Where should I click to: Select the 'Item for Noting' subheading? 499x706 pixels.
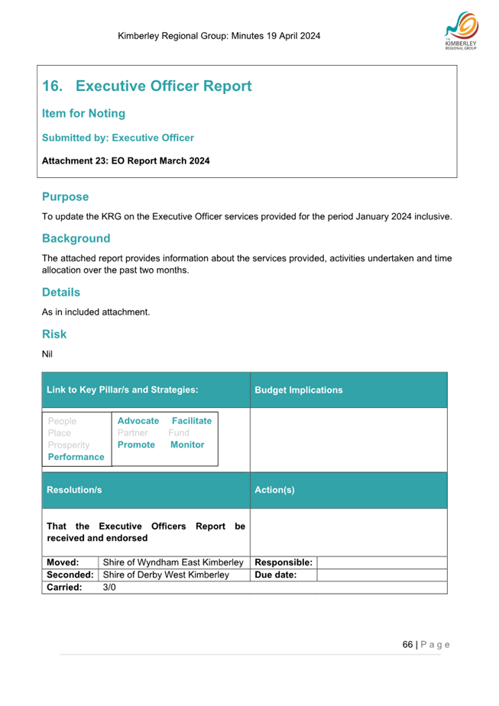click(83, 114)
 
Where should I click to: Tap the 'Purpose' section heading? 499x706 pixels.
click(65, 196)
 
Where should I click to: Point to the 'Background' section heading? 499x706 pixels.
click(76, 238)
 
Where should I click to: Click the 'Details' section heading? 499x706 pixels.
click(60, 292)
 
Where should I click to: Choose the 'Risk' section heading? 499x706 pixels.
click(54, 334)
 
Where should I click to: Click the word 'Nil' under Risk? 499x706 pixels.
click(47, 353)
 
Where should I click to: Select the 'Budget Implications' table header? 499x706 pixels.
click(298, 390)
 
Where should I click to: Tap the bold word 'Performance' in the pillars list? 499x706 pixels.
click(76, 457)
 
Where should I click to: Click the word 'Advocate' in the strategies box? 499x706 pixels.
click(138, 421)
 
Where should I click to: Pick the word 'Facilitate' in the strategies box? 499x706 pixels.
click(192, 421)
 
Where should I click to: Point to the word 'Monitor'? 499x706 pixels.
click(187, 444)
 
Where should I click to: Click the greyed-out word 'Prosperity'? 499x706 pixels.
click(68, 445)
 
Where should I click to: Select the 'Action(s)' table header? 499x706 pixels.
click(274, 490)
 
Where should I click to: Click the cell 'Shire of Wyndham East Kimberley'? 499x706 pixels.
click(173, 562)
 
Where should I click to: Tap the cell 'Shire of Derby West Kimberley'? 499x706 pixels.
click(166, 575)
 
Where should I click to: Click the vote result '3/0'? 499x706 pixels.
click(109, 587)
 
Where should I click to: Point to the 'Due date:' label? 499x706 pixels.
click(275, 575)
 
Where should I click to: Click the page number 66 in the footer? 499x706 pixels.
click(408, 644)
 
